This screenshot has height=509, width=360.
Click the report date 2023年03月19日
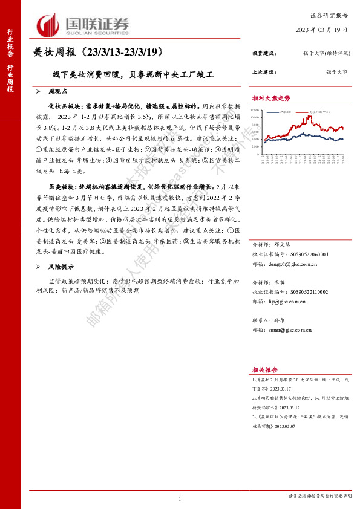coord(321,30)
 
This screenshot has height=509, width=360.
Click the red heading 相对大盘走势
coord(271,98)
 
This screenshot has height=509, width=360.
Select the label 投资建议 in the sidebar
coord(264,54)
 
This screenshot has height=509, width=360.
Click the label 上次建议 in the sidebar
coord(264,72)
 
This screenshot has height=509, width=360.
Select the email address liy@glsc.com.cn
coord(289,300)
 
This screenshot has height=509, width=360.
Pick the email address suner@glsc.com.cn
coord(291,330)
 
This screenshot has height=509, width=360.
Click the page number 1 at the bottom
coord(180,499)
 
